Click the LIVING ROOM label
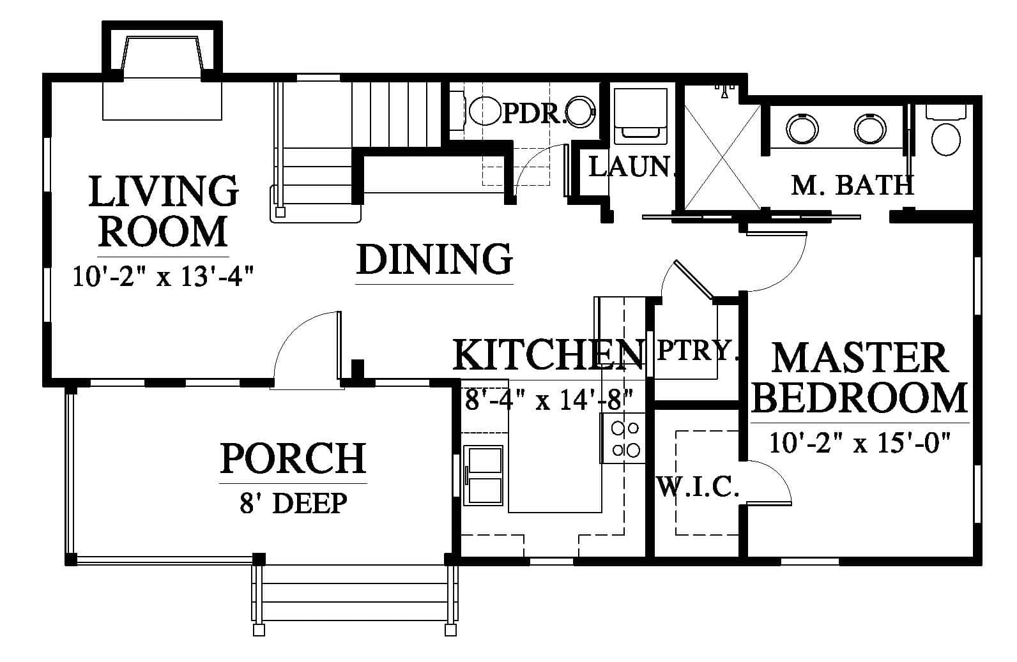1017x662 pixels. (164, 211)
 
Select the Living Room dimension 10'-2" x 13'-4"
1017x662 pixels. (162, 276)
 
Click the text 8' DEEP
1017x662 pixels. (293, 503)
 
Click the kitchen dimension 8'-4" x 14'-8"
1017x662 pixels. (549, 400)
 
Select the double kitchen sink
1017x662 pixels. (483, 476)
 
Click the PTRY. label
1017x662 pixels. (696, 350)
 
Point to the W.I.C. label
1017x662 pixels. (698, 487)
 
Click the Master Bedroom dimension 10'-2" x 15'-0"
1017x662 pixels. (860, 443)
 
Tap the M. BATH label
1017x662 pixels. (852, 185)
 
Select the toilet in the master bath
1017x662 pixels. (945, 131)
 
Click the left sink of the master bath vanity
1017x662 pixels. (802, 128)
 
